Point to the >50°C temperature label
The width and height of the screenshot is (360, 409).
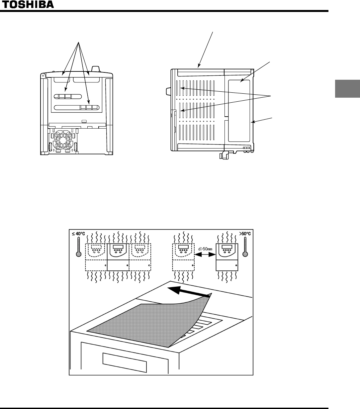pos(245,234)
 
